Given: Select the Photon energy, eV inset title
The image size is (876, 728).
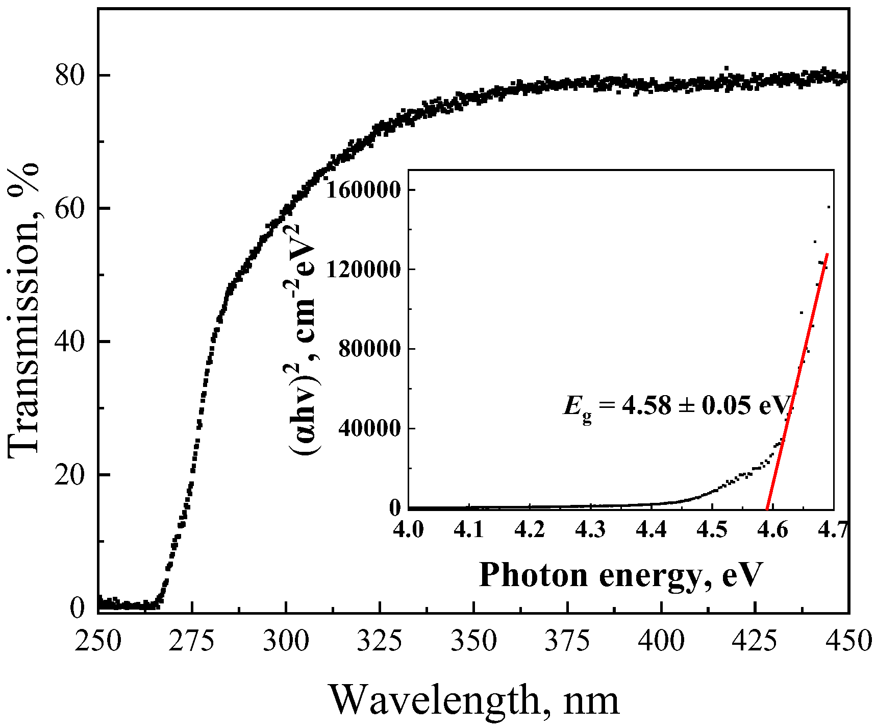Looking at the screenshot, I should [620, 575].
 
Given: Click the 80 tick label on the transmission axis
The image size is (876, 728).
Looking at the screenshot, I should [69, 76].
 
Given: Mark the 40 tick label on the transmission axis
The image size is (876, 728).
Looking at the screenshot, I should [69, 342].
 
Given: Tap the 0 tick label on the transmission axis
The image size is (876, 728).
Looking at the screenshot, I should [78, 608].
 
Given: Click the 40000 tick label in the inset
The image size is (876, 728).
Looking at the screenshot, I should [368, 429].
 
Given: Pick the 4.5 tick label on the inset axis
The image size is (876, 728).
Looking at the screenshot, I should [712, 530].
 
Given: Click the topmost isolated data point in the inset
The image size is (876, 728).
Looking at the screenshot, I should [829, 207].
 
